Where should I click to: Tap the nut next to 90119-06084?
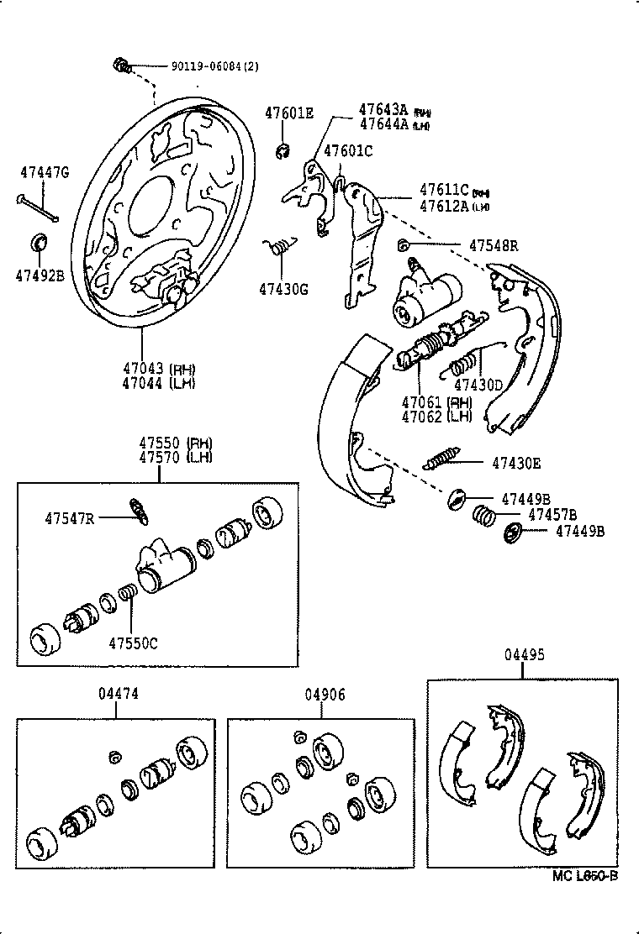coord(121,65)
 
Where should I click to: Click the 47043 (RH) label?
coord(157,369)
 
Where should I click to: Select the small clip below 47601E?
coord(283,150)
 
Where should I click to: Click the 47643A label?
coord(383,109)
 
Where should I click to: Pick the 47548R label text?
coord(494,245)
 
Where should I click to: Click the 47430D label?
coord(478,386)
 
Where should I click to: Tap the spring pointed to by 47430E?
coord(442,460)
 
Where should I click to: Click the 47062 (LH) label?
coord(436,415)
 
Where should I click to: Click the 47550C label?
coord(133,643)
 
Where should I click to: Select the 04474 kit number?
coord(118,694)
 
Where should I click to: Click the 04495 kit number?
coord(523,655)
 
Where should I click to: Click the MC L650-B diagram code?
coord(585,876)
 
